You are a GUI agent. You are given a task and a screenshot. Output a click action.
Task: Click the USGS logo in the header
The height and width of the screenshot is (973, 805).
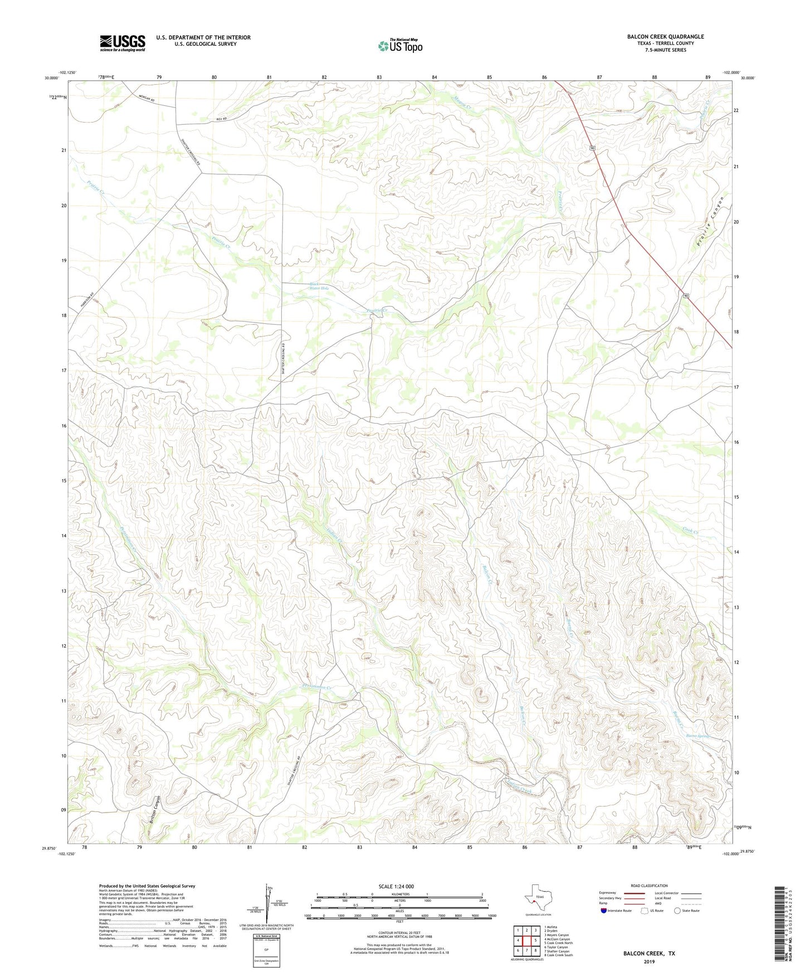[123, 43]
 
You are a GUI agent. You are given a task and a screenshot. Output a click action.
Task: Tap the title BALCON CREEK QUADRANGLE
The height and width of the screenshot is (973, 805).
[665, 37]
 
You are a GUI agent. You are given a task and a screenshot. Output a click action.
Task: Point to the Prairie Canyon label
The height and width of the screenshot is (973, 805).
[710, 221]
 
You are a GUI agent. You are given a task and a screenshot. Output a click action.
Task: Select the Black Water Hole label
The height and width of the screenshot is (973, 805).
[319, 286]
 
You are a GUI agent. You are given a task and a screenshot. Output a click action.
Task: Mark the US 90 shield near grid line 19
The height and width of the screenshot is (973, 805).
[685, 297]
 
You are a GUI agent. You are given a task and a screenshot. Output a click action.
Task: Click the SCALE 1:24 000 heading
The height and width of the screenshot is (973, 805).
[396, 886]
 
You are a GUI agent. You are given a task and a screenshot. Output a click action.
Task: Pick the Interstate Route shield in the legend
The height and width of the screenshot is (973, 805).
[604, 911]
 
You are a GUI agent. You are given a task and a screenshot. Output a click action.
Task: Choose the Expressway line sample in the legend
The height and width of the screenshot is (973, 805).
[634, 893]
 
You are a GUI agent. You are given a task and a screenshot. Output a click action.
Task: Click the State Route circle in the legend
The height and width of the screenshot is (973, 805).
[677, 911]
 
